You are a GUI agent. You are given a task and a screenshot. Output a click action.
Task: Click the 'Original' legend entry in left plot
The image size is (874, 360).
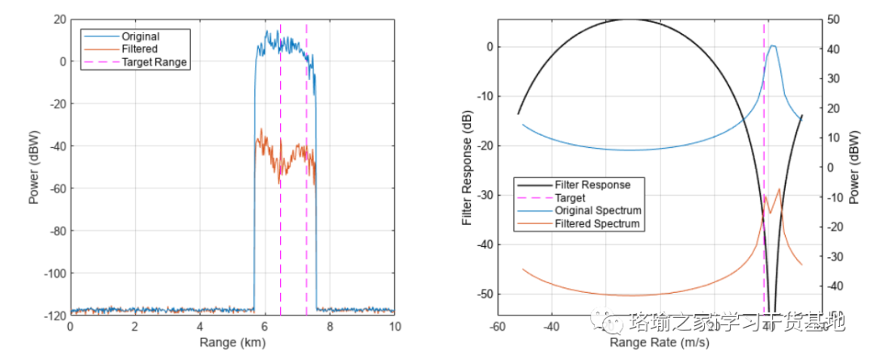click(140, 36)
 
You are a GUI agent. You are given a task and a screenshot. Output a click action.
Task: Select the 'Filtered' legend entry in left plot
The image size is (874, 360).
click(139, 49)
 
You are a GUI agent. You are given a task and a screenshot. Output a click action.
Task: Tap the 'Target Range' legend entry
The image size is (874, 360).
click(154, 61)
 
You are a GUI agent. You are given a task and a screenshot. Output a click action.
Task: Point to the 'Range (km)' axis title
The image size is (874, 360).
click(232, 342)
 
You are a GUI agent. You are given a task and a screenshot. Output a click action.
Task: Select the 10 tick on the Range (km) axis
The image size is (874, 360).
click(394, 327)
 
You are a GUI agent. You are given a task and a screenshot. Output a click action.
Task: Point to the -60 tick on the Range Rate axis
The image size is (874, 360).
click(498, 327)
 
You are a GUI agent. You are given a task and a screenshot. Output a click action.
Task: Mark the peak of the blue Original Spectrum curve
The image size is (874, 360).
click(773, 46)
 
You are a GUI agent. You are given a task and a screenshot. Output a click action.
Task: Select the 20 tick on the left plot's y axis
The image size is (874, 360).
click(58, 19)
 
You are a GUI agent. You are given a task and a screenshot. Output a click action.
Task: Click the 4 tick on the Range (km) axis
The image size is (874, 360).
click(200, 327)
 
